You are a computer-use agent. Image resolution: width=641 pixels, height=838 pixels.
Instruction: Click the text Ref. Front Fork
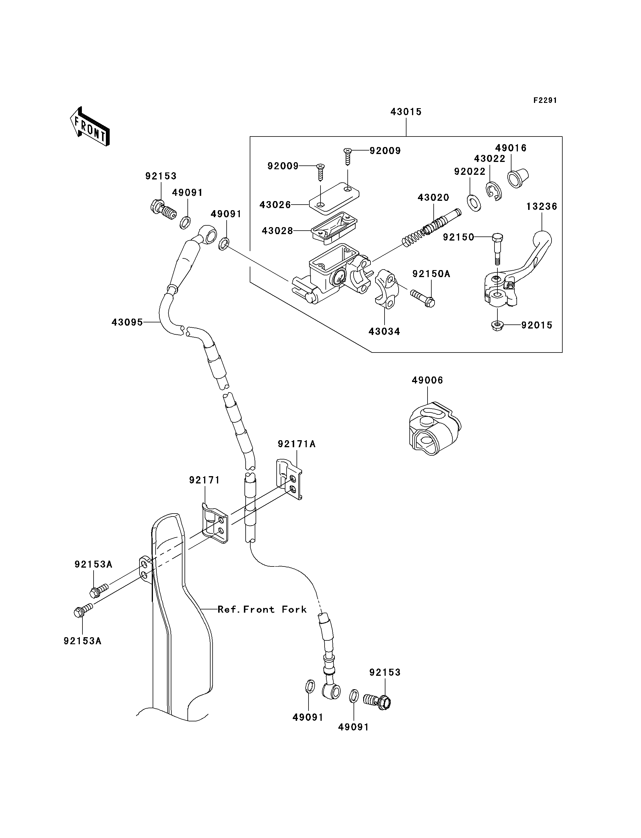262,609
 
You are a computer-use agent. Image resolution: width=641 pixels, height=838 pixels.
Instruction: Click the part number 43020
433,198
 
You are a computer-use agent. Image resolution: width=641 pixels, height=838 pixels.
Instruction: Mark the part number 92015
537,325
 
